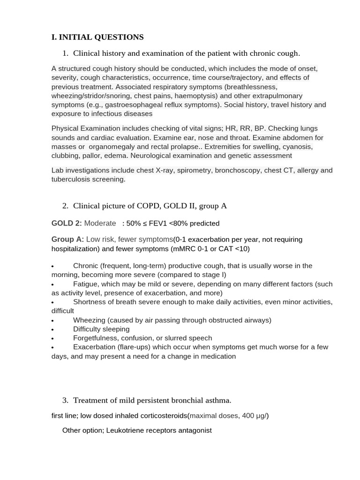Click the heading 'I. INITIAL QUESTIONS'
tap(97, 37)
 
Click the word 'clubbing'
tap(66, 156)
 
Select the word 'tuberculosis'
tap(71, 179)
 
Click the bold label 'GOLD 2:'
tap(67, 223)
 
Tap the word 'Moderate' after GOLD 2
tap(100, 223)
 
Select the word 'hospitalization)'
tap(75, 248)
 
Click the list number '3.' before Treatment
tap(65, 400)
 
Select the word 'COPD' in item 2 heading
tap(148, 206)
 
